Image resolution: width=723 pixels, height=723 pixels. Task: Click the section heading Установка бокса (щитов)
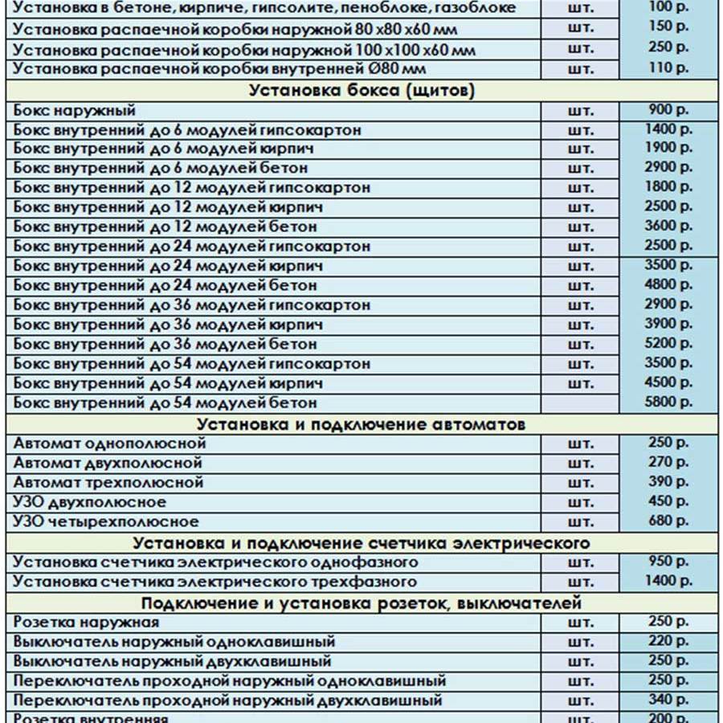(361, 91)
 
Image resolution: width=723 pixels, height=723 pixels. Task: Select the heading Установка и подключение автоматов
(361, 423)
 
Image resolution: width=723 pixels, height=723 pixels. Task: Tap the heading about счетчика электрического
(361, 543)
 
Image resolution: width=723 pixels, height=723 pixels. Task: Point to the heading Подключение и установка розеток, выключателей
(361, 602)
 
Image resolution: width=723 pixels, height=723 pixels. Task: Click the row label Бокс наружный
(75, 111)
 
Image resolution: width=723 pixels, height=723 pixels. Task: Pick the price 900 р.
(668, 110)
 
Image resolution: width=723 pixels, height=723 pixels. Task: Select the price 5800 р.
(668, 402)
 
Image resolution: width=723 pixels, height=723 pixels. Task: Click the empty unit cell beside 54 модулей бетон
(580, 402)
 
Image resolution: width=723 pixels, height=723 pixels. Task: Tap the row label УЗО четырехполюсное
(106, 522)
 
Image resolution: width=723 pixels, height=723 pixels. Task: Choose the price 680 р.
(668, 521)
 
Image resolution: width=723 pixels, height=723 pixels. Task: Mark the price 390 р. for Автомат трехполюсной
(668, 481)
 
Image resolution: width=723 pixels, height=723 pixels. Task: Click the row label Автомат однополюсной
(110, 443)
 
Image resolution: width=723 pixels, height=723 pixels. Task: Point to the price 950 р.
(668, 561)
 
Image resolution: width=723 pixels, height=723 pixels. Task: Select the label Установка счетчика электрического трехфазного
(215, 582)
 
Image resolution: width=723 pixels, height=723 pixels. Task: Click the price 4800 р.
(668, 284)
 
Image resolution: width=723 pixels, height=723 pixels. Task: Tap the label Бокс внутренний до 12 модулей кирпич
(168, 207)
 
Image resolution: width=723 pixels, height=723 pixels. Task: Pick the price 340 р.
(668, 700)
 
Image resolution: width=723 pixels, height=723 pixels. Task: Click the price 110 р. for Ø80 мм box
(668, 67)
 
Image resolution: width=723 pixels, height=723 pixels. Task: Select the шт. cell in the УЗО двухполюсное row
(580, 503)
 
